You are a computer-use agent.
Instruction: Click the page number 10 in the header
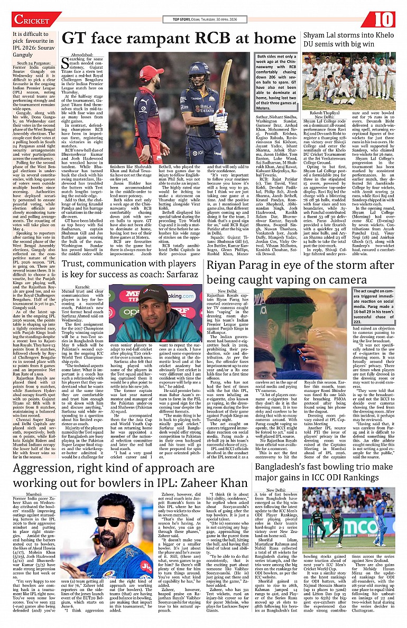pos(385,19)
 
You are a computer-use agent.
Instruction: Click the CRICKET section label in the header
pos(32,20)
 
